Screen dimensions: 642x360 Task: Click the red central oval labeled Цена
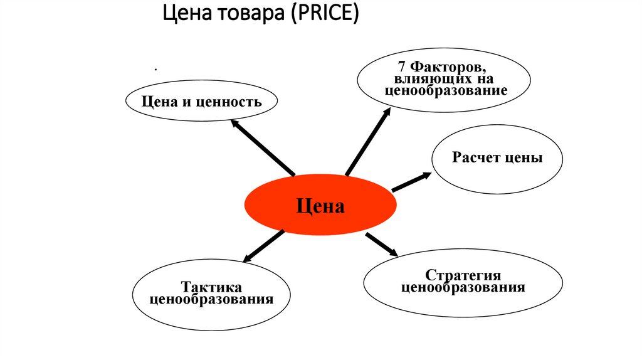tap(320, 205)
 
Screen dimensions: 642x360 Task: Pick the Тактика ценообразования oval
tap(212, 294)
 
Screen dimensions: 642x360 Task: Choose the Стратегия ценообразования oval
tap(463, 283)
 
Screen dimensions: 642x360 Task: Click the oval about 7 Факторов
tap(445, 80)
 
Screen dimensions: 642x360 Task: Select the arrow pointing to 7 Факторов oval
tap(367, 140)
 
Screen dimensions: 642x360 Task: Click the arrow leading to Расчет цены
tap(411, 181)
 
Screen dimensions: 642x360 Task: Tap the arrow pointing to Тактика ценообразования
tap(263, 246)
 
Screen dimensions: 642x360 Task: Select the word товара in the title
tap(250, 13)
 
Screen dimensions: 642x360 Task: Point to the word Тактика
tap(212, 287)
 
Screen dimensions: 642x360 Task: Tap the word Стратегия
tap(463, 276)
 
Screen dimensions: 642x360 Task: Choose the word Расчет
tap(476, 158)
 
